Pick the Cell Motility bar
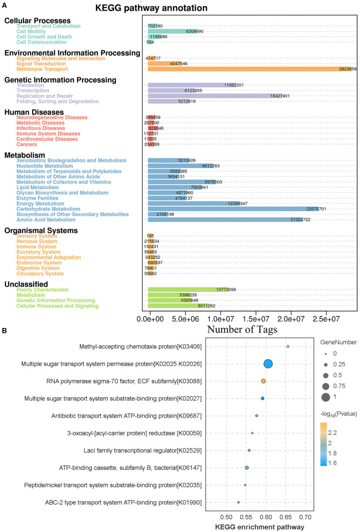(172, 31)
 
